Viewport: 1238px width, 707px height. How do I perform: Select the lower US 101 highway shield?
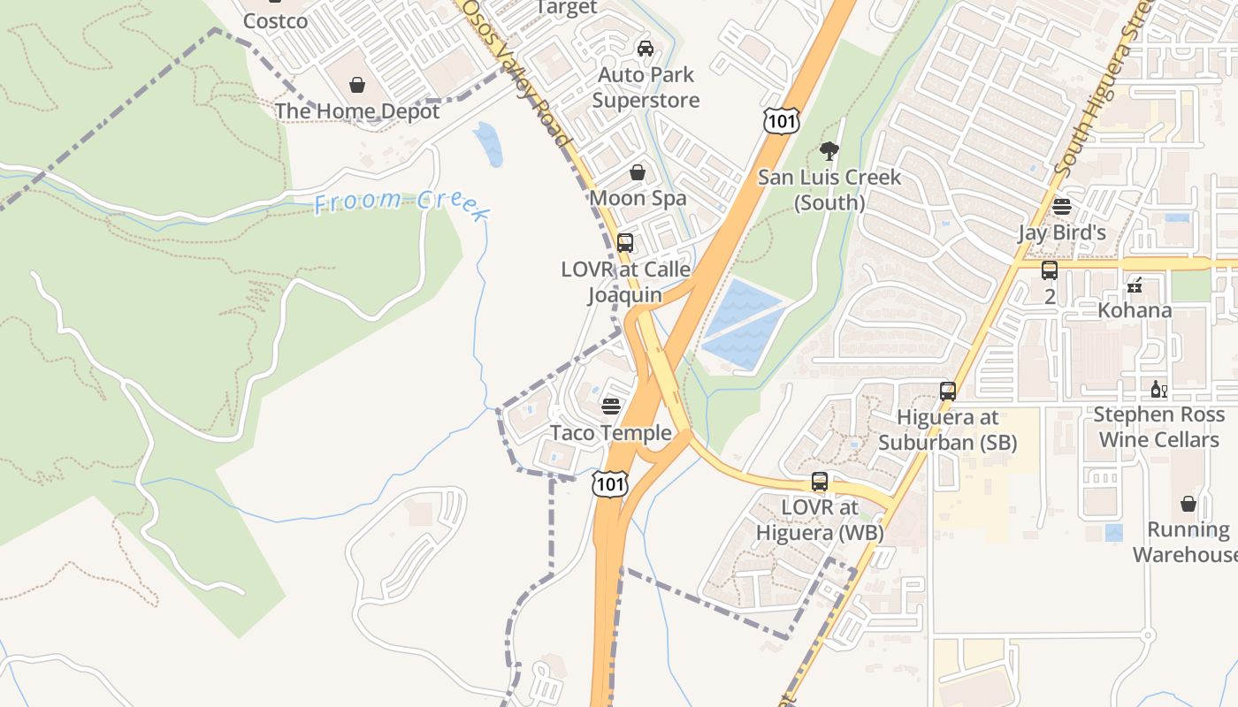coord(611,483)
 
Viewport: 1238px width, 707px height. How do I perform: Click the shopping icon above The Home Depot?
coord(357,85)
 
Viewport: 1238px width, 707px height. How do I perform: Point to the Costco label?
coord(275,20)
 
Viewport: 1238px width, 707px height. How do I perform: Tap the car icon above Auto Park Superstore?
coord(646,48)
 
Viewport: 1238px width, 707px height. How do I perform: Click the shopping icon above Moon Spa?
coord(637,172)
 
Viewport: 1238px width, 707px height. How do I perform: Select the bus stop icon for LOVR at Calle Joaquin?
coord(625,242)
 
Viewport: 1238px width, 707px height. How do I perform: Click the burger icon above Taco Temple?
coord(611,407)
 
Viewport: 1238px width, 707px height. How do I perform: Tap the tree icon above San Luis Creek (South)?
coord(829,150)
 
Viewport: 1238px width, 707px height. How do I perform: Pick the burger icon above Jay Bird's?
coord(1062,207)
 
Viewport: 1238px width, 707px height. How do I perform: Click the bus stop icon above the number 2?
coord(1050,270)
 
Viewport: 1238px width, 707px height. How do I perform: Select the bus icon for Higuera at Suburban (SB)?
coord(948,391)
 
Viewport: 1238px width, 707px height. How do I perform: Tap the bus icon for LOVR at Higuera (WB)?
coord(820,483)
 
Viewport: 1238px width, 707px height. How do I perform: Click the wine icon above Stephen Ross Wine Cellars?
coord(1158,389)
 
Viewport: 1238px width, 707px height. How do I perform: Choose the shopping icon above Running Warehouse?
coord(1188,504)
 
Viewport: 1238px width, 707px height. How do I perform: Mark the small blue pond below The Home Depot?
coord(488,143)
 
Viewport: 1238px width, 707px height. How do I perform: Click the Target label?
coord(566,8)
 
